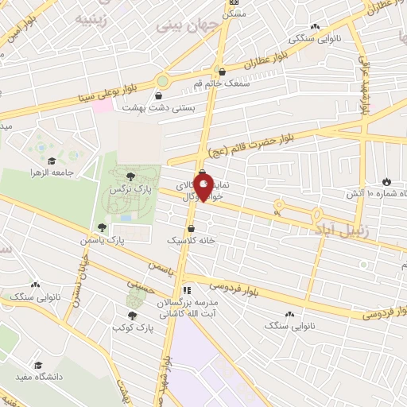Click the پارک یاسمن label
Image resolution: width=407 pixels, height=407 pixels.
(103, 239)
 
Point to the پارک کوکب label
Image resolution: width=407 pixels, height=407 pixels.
(132, 327)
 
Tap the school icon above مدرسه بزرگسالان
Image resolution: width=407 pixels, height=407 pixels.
(188, 290)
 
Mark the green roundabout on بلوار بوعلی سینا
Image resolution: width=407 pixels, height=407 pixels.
(163, 80)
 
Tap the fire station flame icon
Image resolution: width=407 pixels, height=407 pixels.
(387, 182)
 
